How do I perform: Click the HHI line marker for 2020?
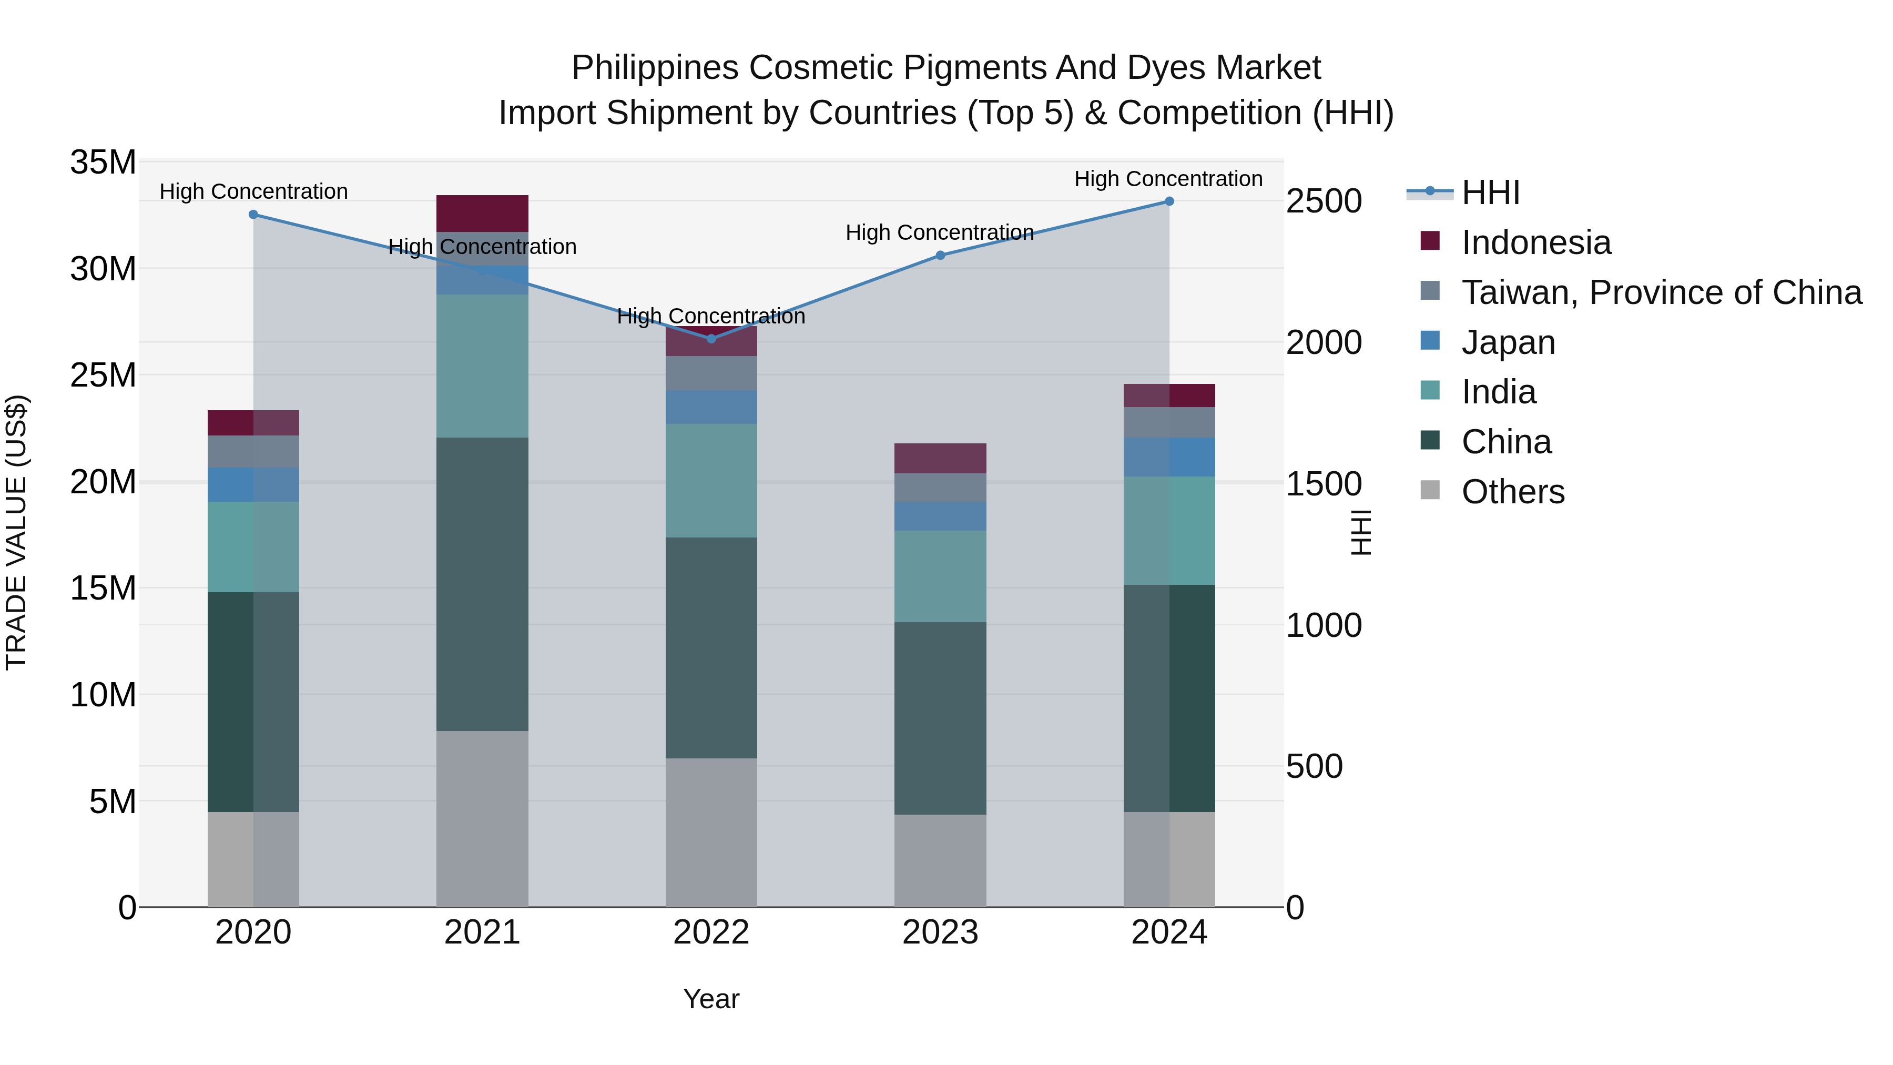pos(253,215)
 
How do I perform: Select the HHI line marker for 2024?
pos(1169,201)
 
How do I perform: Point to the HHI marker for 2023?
pos(940,256)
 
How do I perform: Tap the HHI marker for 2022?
pos(711,339)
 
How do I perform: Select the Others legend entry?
pos(1512,492)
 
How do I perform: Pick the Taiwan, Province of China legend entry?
pos(1661,292)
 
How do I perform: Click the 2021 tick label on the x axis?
pos(482,932)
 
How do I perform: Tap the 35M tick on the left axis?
pos(103,163)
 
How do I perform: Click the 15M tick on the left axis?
pos(103,588)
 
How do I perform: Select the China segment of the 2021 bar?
pos(482,584)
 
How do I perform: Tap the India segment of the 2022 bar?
pos(711,481)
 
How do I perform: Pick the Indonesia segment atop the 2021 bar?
pos(482,214)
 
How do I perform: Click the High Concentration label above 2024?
pos(1168,179)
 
